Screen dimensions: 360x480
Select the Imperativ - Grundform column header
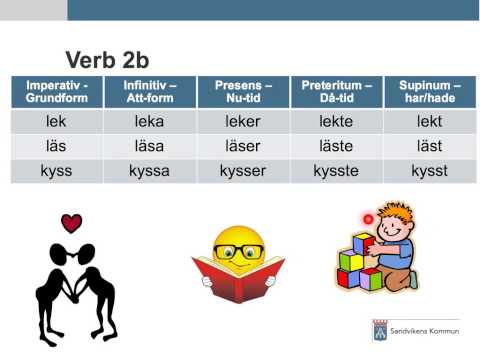click(x=56, y=92)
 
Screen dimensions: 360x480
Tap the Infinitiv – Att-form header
click(x=149, y=92)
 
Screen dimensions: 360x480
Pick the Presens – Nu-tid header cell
click(x=239, y=92)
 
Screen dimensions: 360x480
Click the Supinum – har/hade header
click(x=429, y=92)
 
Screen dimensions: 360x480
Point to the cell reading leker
click(x=239, y=123)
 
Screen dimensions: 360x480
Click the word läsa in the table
click(x=149, y=147)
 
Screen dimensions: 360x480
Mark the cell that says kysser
click(x=239, y=171)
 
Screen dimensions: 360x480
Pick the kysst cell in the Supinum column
click(x=429, y=171)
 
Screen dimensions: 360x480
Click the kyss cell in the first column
click(x=56, y=171)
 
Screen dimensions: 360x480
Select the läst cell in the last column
click(x=429, y=147)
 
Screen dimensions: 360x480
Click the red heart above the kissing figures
click(x=71, y=222)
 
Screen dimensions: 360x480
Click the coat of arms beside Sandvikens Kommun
click(x=380, y=331)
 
